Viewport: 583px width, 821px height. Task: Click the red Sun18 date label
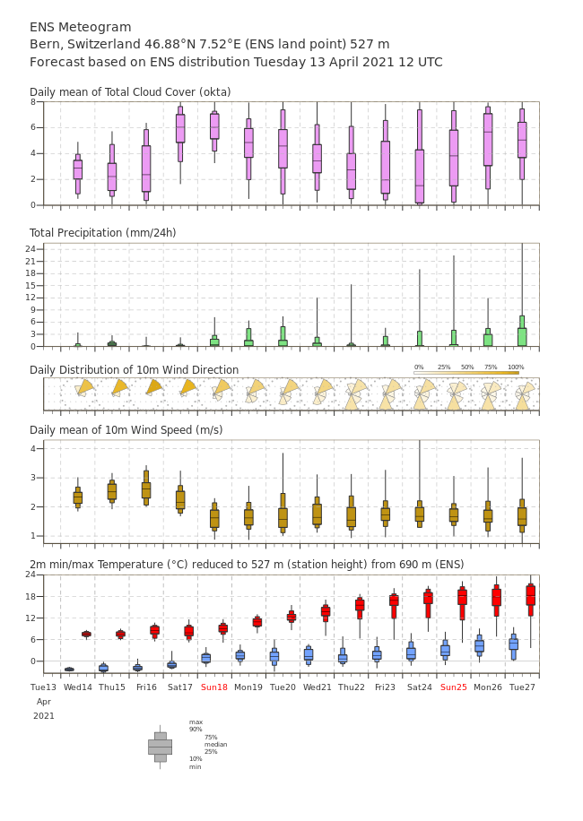pos(214,687)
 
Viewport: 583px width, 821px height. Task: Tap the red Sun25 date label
pos(454,687)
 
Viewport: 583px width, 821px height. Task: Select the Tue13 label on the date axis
pos(43,687)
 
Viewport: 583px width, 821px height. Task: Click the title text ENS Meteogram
pos(81,28)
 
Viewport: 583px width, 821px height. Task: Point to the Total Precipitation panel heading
pos(102,233)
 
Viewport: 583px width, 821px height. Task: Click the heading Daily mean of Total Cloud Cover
pos(130,92)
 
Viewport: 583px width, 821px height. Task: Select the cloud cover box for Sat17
pos(180,128)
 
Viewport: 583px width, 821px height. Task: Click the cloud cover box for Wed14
pos(78,169)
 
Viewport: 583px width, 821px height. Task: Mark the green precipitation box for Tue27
pos(522,336)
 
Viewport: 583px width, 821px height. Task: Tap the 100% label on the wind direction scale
pos(516,367)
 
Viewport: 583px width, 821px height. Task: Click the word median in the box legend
pos(215,744)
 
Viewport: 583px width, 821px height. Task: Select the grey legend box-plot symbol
pos(160,747)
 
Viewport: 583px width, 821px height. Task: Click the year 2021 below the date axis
pos(44,716)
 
